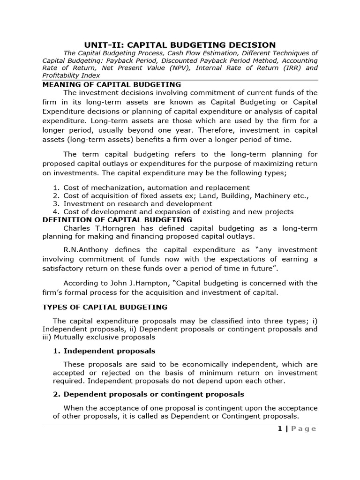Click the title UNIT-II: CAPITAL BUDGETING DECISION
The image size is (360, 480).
(x=180, y=45)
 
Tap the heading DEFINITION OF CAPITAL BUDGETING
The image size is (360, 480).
(x=117, y=219)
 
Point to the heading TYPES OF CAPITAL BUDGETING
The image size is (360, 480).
(x=105, y=307)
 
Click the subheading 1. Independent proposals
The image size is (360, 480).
(x=105, y=351)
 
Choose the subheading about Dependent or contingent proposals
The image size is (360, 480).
(x=149, y=394)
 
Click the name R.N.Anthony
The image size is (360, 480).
(x=84, y=249)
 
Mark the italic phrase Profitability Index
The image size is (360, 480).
(x=71, y=75)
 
